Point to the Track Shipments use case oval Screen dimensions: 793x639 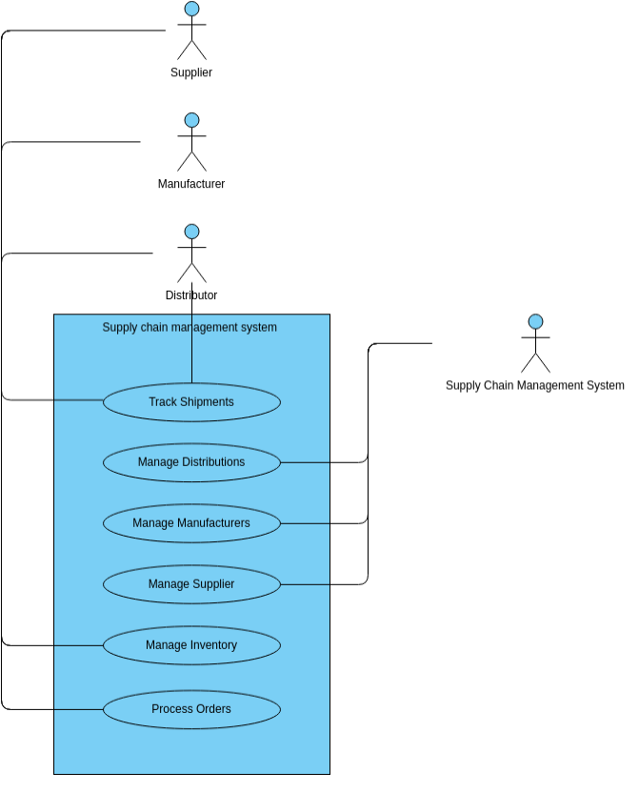[191, 402]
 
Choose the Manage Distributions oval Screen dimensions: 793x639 [191, 462]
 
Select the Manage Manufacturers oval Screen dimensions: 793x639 [191, 523]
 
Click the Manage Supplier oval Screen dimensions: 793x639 [191, 584]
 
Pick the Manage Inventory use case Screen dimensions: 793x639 [191, 645]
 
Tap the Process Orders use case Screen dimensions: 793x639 [191, 709]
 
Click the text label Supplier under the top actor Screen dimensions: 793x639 [191, 72]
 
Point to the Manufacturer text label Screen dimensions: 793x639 [191, 184]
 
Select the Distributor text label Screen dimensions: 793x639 [191, 295]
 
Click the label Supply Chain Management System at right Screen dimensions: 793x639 [535, 386]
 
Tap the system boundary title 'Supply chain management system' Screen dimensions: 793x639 [190, 328]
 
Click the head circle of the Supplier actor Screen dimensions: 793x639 [191, 9]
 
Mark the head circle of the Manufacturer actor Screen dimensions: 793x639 [191, 120]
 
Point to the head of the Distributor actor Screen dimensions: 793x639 [191, 232]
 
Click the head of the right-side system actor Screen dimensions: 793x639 [535, 321]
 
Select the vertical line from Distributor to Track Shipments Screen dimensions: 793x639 [192, 353]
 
